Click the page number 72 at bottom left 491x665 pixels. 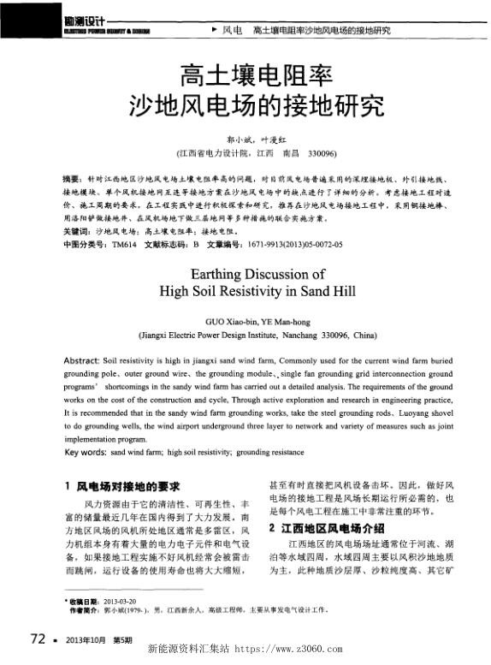(37, 638)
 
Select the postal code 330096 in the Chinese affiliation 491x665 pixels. (321, 153)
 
